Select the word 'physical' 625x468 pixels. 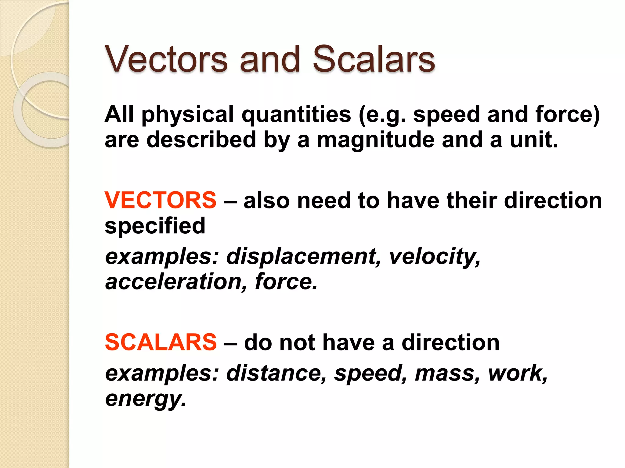click(188, 115)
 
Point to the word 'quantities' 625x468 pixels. click(296, 115)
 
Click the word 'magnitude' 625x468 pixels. click(376, 140)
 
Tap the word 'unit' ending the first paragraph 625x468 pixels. click(531, 140)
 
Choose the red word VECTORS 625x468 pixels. click(160, 200)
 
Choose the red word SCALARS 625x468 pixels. click(161, 342)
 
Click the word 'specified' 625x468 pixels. click(155, 226)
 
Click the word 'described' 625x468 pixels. click(201, 140)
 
